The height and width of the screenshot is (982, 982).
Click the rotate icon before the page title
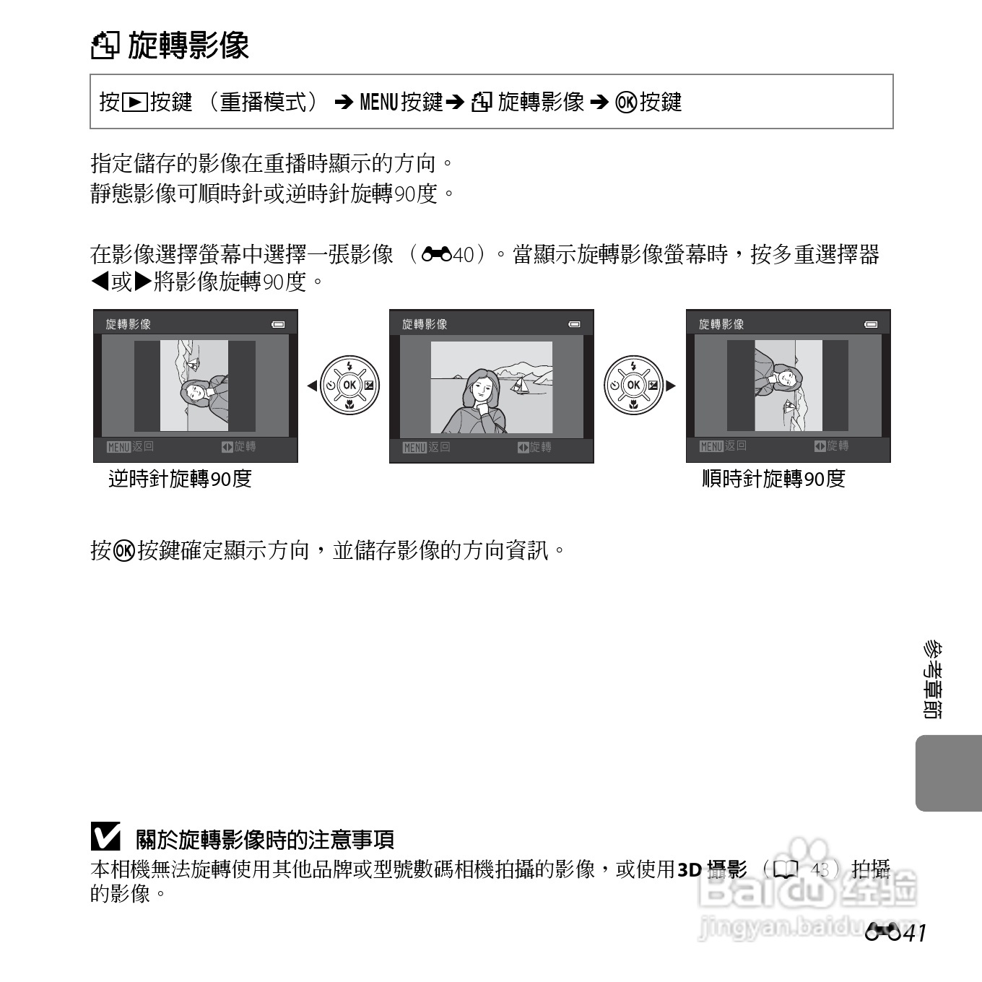[x=105, y=45]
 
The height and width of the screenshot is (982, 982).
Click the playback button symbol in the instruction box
[x=134, y=103]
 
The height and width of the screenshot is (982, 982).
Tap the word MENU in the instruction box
[x=379, y=103]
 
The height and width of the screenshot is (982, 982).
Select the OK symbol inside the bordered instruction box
[x=626, y=103]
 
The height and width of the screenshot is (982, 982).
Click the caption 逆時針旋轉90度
[x=180, y=479]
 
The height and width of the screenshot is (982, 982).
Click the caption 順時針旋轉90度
[x=773, y=479]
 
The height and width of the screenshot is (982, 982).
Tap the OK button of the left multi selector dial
[x=349, y=385]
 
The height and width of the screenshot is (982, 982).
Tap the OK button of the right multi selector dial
[x=633, y=385]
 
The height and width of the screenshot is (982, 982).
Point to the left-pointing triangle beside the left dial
[x=312, y=386]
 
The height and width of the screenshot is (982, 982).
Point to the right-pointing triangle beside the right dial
[x=671, y=386]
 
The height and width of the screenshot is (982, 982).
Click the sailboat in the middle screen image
[x=518, y=385]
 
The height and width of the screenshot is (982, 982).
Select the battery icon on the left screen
[x=278, y=324]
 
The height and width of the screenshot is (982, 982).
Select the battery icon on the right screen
[x=871, y=324]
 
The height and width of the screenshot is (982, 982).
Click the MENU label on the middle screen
[x=414, y=448]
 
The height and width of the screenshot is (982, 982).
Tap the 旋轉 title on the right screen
[x=721, y=324]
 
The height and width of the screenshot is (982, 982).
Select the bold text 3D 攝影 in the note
[x=712, y=869]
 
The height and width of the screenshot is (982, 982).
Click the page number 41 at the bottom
[x=913, y=934]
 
